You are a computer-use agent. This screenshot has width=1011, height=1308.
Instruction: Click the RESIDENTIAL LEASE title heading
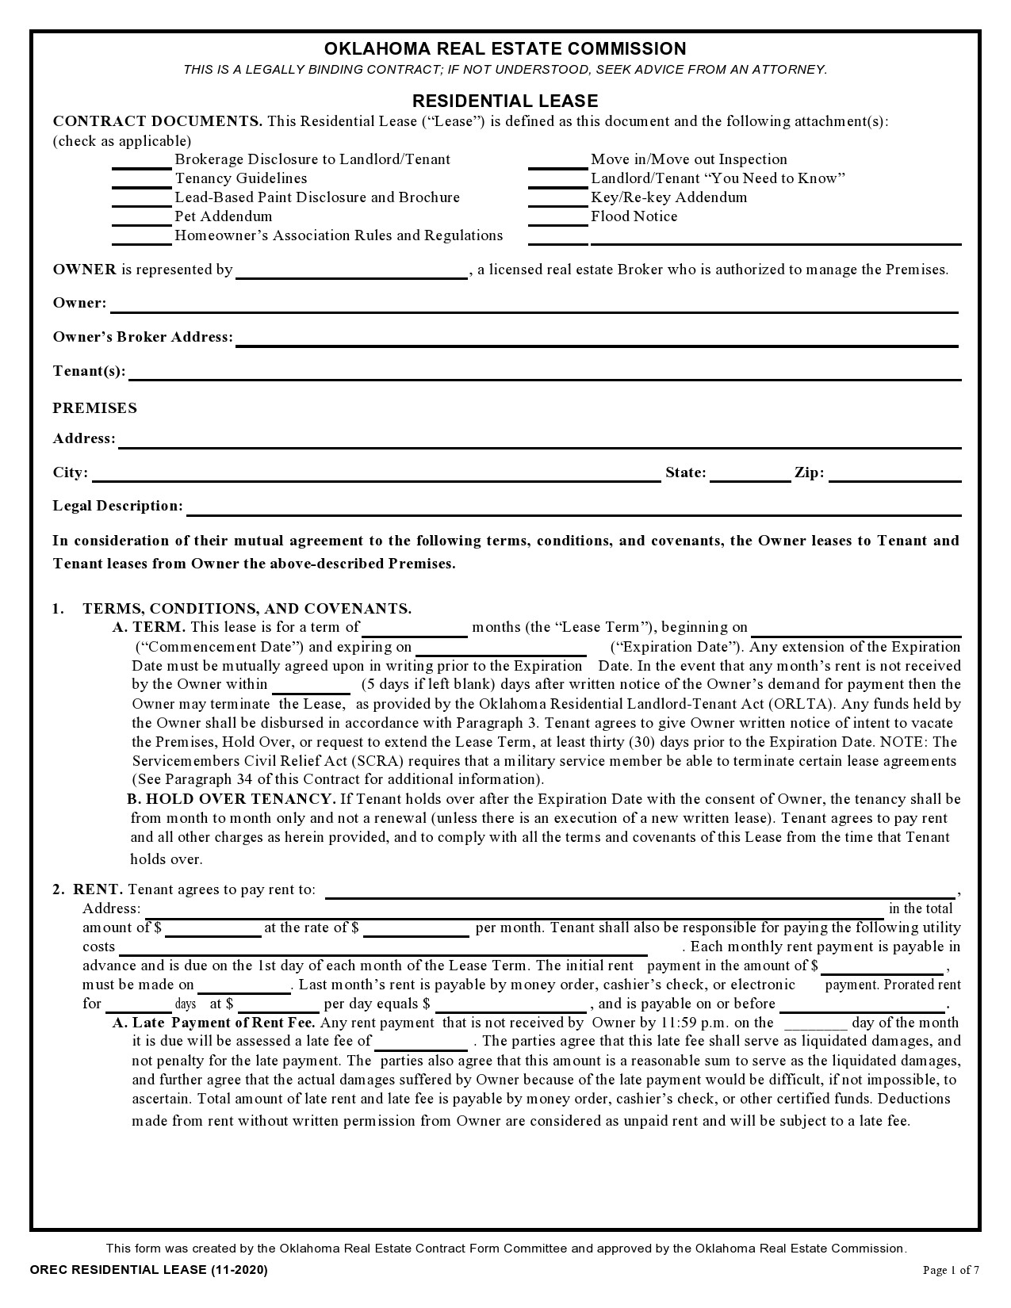tap(505, 101)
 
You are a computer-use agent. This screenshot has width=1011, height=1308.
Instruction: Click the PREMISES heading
tap(94, 408)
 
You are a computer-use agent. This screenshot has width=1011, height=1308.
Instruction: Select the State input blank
tap(749, 475)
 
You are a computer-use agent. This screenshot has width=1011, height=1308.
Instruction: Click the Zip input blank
tap(894, 475)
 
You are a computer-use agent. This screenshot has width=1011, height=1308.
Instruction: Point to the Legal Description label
tap(117, 506)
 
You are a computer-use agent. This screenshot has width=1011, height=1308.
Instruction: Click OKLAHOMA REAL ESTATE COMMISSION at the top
tap(505, 48)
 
